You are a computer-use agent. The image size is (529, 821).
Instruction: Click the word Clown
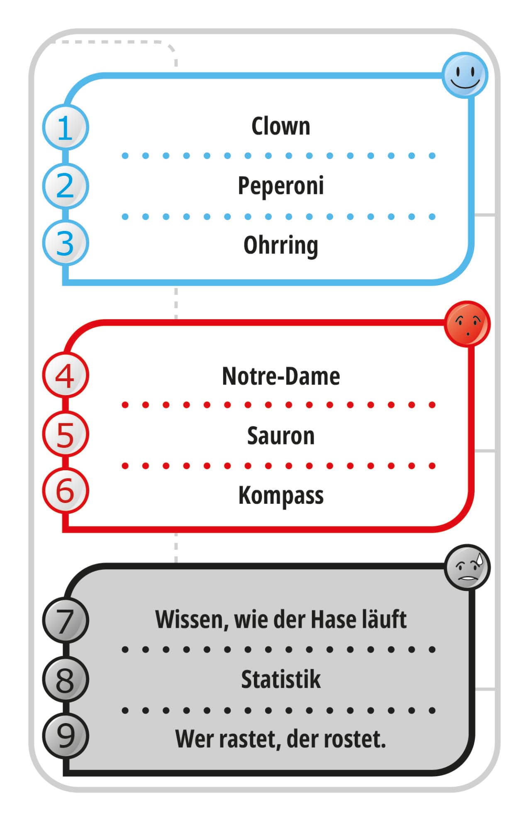[280, 126]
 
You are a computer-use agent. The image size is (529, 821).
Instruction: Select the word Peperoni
[280, 186]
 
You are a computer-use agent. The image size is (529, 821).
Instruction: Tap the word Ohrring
[280, 245]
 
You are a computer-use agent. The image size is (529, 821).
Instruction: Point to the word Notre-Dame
[280, 376]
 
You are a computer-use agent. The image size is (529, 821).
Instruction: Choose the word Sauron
[280, 436]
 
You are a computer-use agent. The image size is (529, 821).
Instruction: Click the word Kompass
[280, 496]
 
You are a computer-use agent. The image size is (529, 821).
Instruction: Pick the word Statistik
[280, 680]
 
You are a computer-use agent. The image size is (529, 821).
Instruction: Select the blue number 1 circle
[65, 127]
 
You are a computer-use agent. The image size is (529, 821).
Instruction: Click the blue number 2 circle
[65, 186]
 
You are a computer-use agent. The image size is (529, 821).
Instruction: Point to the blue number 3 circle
[65, 243]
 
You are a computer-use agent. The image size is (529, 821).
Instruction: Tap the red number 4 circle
[65, 375]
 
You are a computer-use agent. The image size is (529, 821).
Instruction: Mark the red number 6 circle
[65, 491]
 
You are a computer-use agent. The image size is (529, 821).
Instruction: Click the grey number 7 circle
[65, 621]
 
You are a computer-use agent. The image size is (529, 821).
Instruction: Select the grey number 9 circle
[65, 736]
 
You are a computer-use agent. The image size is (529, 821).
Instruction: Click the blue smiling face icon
[465, 75]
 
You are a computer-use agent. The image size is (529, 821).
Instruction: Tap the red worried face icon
[467, 324]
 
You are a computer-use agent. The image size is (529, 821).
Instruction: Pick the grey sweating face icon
[467, 567]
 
